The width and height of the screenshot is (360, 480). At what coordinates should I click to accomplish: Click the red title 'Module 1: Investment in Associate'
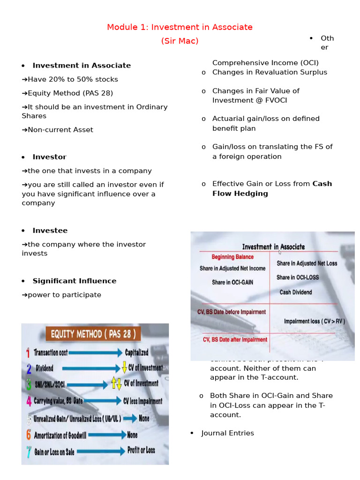click(180, 27)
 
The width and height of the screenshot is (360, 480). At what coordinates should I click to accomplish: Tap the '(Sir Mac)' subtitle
click(180, 41)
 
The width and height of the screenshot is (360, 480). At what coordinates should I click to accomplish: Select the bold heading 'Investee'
click(50, 231)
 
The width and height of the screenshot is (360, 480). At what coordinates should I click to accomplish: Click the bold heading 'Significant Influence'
click(74, 281)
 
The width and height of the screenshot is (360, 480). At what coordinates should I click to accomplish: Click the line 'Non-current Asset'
click(60, 130)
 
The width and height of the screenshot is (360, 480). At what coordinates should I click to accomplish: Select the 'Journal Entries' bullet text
click(227, 433)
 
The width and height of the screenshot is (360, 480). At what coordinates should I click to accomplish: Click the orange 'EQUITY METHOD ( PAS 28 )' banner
click(93, 334)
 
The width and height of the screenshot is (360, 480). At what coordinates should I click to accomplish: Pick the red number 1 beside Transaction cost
click(28, 352)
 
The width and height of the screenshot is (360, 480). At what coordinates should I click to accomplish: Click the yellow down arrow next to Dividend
click(124, 368)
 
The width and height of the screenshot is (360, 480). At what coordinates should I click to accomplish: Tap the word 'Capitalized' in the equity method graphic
click(136, 352)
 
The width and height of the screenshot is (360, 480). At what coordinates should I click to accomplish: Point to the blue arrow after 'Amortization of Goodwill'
click(107, 435)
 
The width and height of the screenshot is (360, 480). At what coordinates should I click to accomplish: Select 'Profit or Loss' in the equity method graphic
click(141, 450)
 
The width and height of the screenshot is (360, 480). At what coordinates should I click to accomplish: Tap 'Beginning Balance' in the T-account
click(232, 257)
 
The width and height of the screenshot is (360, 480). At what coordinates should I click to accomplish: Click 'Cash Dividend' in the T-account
click(295, 292)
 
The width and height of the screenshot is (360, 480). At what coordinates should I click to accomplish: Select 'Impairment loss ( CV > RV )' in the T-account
click(315, 321)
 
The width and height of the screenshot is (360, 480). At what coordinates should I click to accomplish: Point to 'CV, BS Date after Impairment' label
click(235, 339)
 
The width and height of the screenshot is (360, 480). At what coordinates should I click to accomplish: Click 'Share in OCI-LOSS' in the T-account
click(297, 277)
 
